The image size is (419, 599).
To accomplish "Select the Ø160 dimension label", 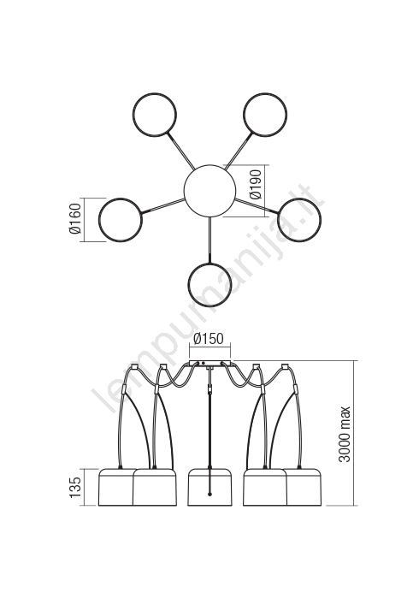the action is pyautogui.click(x=75, y=218).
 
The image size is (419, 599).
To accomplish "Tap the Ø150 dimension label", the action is pyautogui.click(x=209, y=339).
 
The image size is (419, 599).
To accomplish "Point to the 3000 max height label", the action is pyautogui.click(x=345, y=434).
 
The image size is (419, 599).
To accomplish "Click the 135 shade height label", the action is pyautogui.click(x=75, y=488).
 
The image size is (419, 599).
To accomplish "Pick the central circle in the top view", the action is pyautogui.click(x=209, y=191).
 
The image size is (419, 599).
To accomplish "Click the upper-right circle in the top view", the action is pyautogui.click(x=265, y=114).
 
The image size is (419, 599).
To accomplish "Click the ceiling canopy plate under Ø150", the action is pyautogui.click(x=209, y=364).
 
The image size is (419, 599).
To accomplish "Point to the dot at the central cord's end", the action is pyautogui.click(x=209, y=495).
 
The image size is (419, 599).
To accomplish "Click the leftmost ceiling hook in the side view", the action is pyautogui.click(x=134, y=367).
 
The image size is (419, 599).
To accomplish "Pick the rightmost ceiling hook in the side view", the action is pyautogui.click(x=284, y=367).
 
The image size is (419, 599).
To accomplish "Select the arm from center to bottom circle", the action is pyautogui.click(x=209, y=240).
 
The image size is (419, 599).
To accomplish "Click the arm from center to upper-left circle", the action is pyautogui.click(x=180, y=151).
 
